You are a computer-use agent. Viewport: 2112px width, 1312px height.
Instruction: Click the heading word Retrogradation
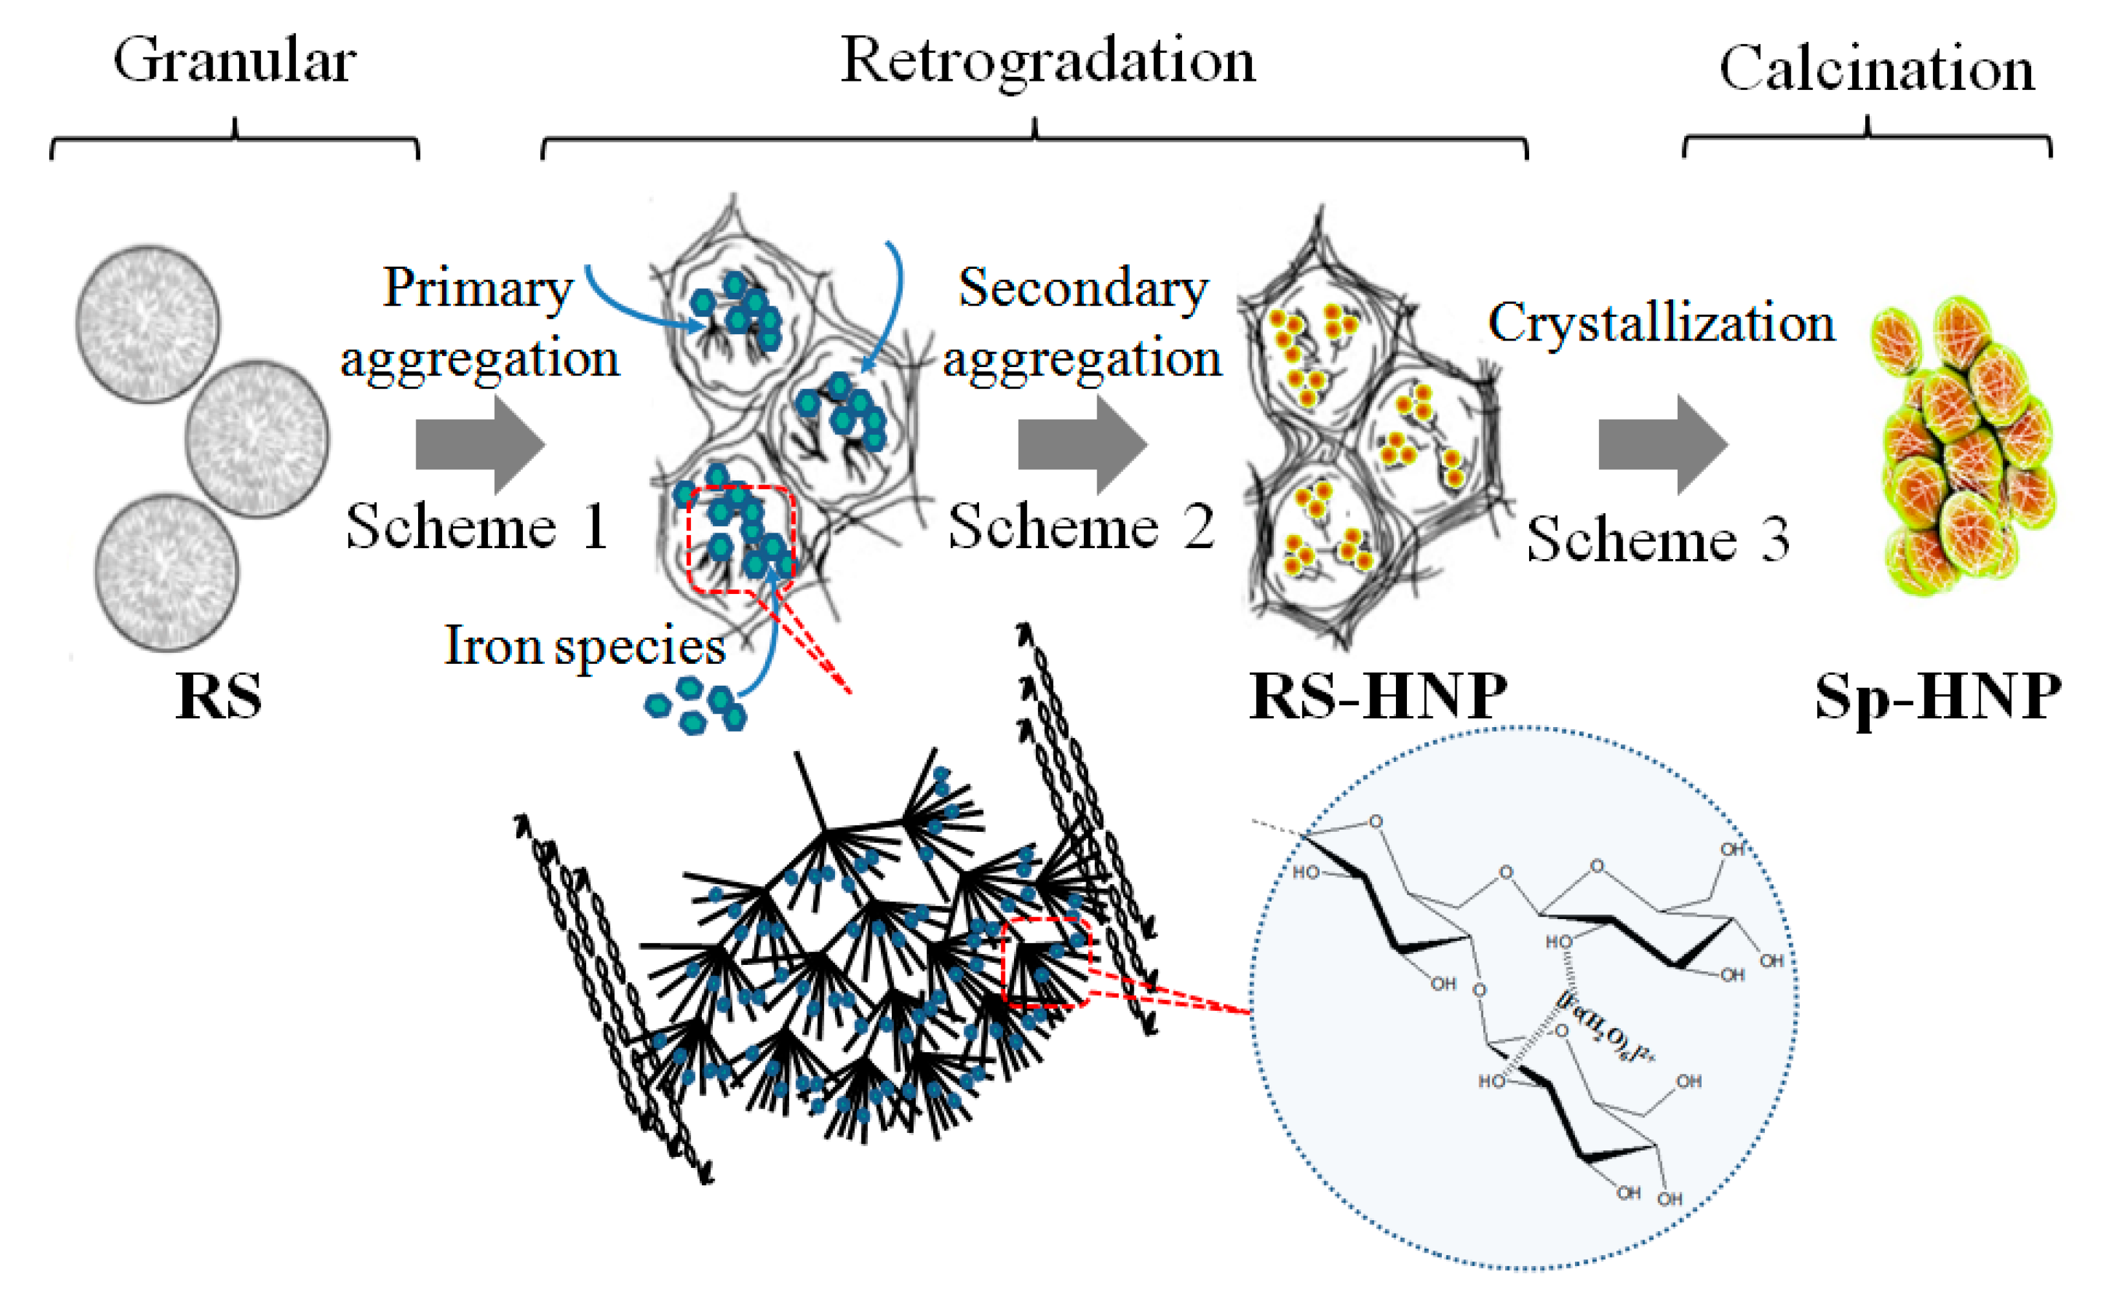pos(1048,63)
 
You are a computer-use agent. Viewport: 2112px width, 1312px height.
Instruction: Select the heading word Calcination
pos(1876,69)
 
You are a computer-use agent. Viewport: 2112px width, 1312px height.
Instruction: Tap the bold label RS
pos(218,696)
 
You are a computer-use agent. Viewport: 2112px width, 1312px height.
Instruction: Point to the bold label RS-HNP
pos(1378,696)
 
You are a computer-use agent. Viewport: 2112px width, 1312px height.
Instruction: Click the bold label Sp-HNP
pos(1938,696)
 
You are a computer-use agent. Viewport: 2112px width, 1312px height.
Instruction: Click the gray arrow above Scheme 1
pos(480,444)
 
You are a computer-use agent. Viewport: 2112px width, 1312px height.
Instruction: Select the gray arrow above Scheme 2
pos(1082,444)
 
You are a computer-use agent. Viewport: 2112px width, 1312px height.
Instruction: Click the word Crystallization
pos(1661,323)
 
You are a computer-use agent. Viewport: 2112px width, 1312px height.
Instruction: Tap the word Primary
pos(478,288)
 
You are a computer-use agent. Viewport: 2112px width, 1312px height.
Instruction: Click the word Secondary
pos(1083,288)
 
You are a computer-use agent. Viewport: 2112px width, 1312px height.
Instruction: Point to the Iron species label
pos(585,646)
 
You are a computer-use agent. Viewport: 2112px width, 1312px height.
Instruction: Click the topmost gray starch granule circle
pos(149,324)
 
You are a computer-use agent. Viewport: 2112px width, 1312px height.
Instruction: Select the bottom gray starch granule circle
pos(165,572)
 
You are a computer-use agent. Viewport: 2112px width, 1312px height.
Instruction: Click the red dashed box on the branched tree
pos(1046,962)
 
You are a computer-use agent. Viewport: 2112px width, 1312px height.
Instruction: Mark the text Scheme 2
pos(1081,527)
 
